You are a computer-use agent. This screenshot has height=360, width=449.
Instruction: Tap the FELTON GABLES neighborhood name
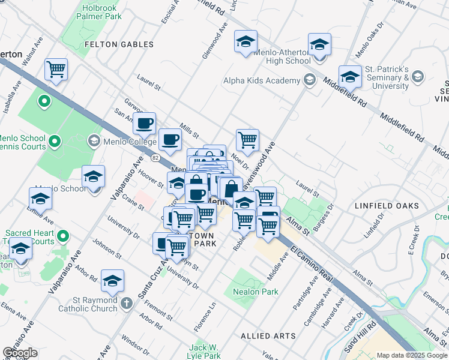(119, 44)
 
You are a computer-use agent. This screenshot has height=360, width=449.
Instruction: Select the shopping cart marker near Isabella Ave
(56, 70)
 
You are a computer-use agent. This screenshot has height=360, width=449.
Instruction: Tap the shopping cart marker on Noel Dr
(247, 140)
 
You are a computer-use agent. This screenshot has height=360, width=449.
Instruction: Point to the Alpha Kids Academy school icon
(310, 80)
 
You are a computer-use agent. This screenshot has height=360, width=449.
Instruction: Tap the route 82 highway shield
(155, 157)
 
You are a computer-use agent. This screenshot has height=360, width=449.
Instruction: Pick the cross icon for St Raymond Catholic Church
(125, 302)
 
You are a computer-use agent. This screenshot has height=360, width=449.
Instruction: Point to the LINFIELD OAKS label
(387, 206)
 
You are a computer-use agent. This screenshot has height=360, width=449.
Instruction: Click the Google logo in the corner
(20, 353)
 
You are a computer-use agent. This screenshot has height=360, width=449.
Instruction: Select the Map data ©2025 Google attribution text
(412, 355)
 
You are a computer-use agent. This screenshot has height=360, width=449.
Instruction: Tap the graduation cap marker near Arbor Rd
(112, 281)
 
